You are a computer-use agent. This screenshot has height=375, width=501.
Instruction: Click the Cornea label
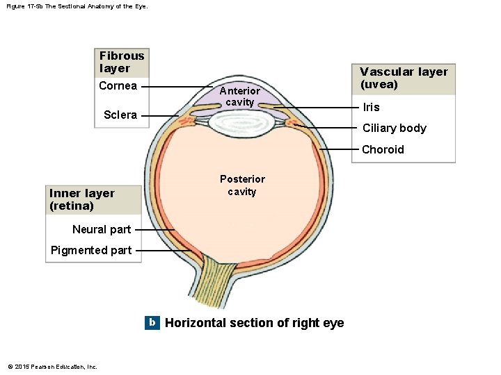(118, 86)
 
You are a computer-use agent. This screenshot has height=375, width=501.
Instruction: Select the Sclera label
(120, 115)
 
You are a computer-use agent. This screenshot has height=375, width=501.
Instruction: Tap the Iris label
(371, 107)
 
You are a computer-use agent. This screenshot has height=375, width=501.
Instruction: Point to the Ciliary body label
(394, 128)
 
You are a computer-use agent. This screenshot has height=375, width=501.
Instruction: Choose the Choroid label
(383, 149)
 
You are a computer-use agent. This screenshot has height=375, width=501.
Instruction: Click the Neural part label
(101, 229)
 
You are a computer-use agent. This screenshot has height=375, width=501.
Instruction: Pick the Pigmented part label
(91, 250)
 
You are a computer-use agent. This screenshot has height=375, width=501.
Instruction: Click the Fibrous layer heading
(122, 62)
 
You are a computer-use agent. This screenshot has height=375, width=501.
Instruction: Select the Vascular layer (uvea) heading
(404, 78)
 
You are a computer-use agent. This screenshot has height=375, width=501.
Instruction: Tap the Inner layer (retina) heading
(81, 199)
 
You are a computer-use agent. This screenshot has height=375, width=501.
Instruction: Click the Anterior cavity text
(239, 97)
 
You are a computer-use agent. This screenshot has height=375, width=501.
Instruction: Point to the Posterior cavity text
(242, 185)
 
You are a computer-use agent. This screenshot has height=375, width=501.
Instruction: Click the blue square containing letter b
(152, 322)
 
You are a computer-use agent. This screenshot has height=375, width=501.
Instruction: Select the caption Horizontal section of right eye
(254, 323)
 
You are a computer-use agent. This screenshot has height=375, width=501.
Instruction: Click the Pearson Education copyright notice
(52, 367)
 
